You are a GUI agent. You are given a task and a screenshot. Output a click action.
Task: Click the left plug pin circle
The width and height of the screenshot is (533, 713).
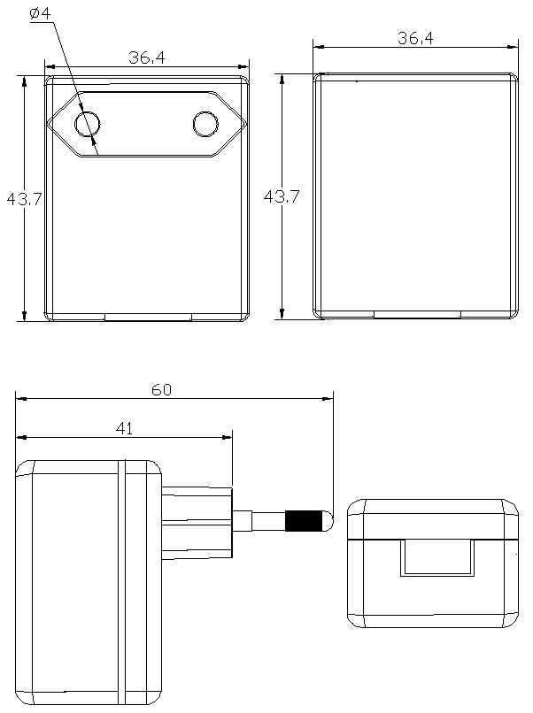(x=87, y=125)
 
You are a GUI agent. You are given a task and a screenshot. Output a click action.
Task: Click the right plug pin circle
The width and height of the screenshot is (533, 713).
(x=205, y=125)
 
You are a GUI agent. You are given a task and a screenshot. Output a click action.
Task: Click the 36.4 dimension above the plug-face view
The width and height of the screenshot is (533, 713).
(x=147, y=57)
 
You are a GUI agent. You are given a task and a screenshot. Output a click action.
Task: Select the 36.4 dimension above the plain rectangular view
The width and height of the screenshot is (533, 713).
(x=415, y=38)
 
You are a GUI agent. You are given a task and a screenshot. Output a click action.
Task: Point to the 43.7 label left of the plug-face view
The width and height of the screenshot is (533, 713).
(x=25, y=199)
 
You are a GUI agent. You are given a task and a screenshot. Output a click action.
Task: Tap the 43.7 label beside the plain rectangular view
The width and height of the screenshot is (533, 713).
(x=282, y=197)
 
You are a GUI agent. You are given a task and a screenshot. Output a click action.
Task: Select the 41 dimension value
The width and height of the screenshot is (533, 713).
(x=125, y=428)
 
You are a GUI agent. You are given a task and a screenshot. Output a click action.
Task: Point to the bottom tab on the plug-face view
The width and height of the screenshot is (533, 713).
(x=148, y=316)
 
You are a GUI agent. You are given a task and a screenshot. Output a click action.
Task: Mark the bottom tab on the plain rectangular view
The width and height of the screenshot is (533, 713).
(x=416, y=314)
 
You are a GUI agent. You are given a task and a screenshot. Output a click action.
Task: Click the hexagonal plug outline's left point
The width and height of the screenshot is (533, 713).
(x=50, y=125)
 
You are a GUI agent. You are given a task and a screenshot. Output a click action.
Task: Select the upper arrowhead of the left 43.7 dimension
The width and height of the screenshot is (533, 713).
(x=24, y=80)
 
